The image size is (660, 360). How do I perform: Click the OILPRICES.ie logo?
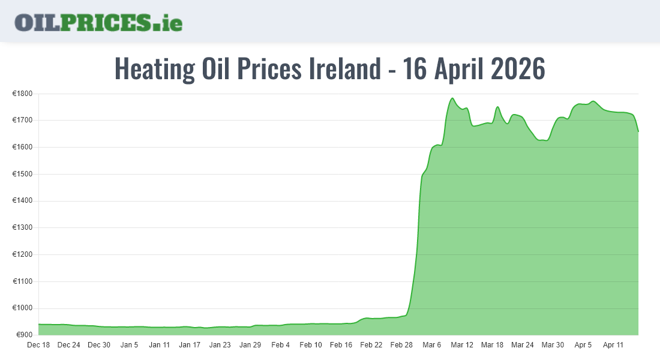click(x=98, y=22)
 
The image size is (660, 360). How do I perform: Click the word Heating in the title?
click(x=154, y=69)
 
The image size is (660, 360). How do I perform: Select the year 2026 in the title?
click(x=517, y=69)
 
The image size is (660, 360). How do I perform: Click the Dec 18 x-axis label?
click(x=38, y=345)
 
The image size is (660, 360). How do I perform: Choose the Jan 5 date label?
click(x=129, y=345)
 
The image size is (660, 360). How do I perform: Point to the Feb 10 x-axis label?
click(x=311, y=345)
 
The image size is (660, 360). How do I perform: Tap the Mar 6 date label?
click(x=431, y=345)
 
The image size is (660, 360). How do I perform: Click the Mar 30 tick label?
click(x=553, y=345)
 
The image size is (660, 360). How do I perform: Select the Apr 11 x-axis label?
click(x=613, y=345)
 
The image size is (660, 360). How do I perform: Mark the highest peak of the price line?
click(x=452, y=98)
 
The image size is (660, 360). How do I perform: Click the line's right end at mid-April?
click(x=638, y=131)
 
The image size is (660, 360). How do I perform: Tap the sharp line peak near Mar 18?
click(x=497, y=107)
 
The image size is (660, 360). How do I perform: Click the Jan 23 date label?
click(x=220, y=345)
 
